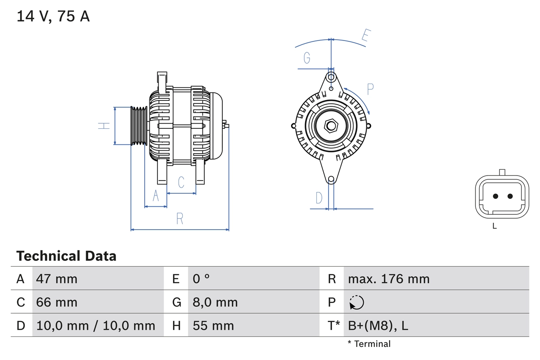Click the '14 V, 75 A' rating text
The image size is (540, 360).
pos(53,16)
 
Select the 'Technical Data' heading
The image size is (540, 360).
pos(66,256)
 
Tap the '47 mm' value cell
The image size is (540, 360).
pos(57,279)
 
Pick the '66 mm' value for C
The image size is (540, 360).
pos(57,302)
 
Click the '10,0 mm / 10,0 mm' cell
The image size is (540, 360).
pos(96,326)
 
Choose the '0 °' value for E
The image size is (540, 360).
pos(201,279)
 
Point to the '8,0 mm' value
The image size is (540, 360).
pos(215,302)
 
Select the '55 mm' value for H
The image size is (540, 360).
pos(213,326)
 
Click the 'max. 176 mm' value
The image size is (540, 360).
pos(389,279)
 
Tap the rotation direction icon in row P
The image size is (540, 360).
pos(356,303)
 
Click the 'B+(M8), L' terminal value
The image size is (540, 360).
pos(378,326)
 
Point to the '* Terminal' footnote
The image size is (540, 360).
pos(369,344)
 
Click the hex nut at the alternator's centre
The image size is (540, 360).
pos(331,125)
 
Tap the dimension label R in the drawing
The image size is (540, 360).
pos(180,219)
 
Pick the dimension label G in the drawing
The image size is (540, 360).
pos(307,58)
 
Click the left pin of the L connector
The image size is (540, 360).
pos(495,196)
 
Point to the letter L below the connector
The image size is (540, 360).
pos(494,226)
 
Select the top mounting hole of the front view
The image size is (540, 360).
pos(331,77)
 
